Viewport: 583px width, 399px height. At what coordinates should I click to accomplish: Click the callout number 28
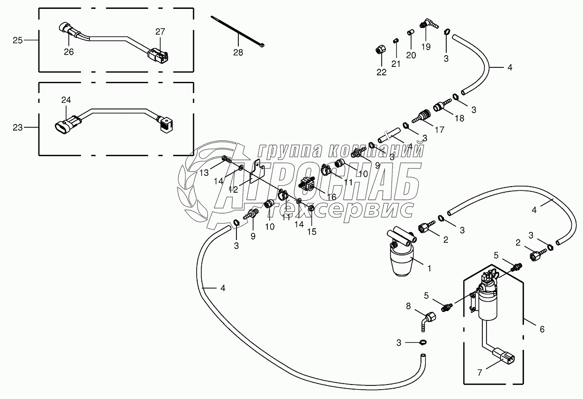click(238, 52)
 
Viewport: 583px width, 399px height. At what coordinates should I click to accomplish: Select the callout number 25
click(18, 41)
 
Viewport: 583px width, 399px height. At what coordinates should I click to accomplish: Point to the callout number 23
click(18, 127)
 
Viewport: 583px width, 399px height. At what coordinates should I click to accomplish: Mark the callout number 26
click(68, 52)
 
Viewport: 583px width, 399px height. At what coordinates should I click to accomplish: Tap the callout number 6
click(542, 329)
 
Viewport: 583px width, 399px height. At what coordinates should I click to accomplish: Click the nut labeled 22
click(381, 50)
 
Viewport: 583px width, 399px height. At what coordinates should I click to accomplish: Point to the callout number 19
click(425, 46)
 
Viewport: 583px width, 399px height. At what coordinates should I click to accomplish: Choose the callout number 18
click(459, 118)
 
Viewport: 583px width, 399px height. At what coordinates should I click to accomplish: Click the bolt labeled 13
click(227, 160)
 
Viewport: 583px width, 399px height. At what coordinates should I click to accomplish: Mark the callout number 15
click(311, 231)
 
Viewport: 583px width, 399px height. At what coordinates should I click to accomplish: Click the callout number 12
click(233, 189)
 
